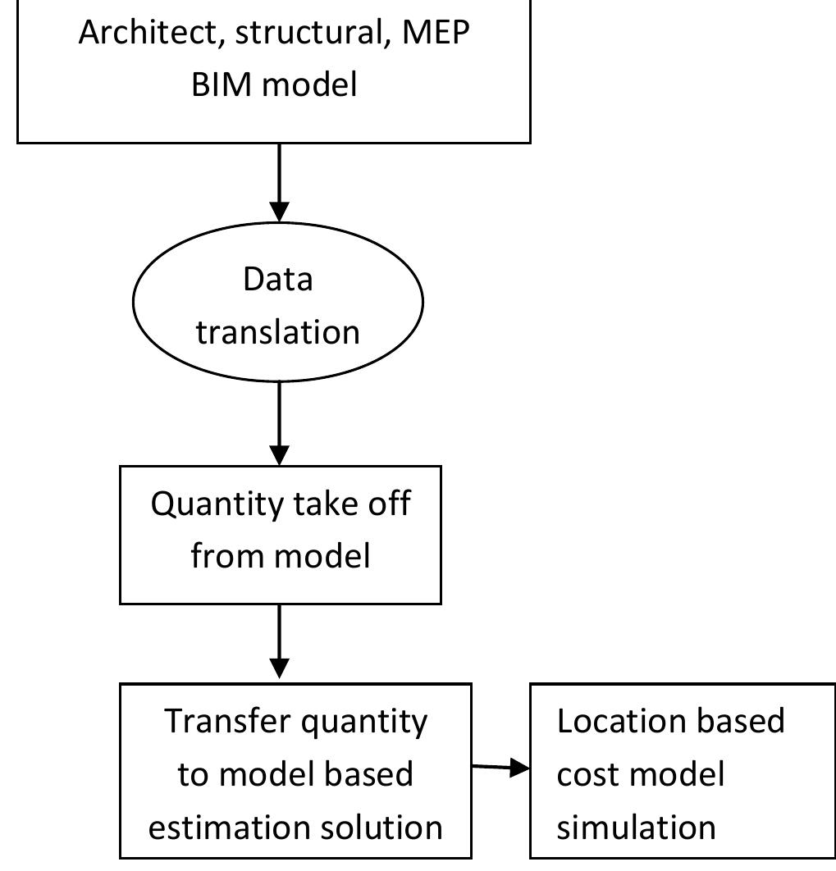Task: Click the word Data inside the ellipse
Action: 278,280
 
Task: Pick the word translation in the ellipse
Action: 278,332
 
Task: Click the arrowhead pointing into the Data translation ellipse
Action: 280,212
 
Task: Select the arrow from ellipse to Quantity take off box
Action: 280,422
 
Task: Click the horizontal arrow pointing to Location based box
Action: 500,768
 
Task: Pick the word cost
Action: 584,774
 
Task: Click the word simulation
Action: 636,827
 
